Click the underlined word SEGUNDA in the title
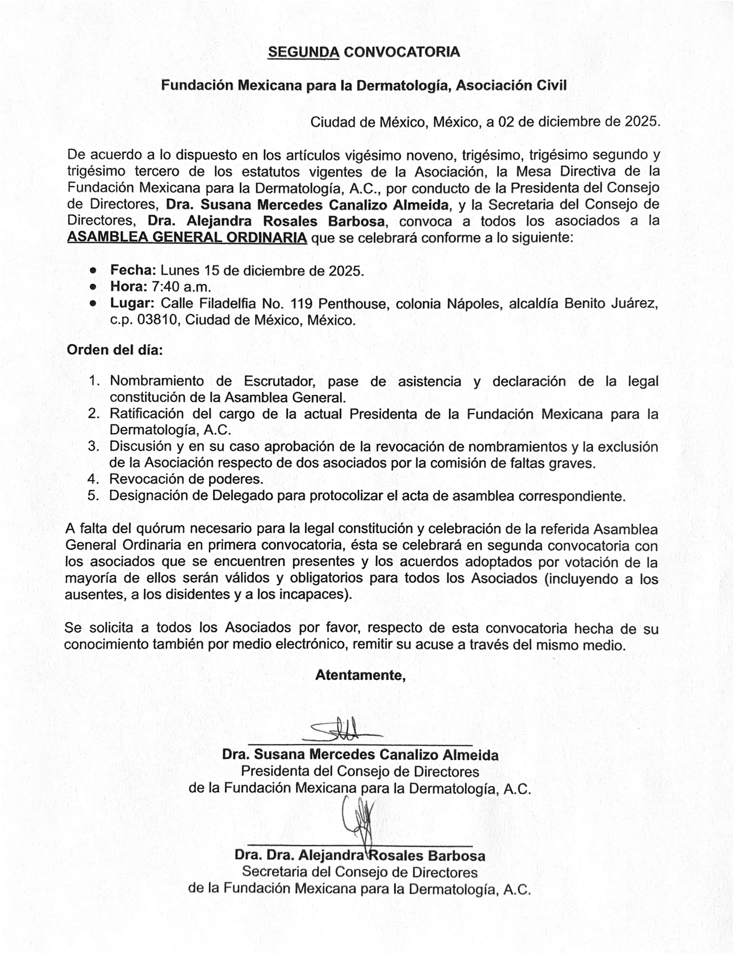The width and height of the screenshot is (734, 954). pyautogui.click(x=304, y=52)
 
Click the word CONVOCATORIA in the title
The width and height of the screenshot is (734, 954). pyautogui.click(x=401, y=52)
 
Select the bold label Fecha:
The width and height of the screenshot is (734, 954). pyautogui.click(x=133, y=270)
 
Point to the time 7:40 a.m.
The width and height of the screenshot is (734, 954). pyautogui.click(x=181, y=287)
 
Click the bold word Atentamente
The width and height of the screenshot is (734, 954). pyautogui.click(x=361, y=675)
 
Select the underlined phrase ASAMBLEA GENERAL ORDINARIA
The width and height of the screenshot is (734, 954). pyautogui.click(x=187, y=238)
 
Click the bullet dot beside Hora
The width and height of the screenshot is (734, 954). pyautogui.click(x=93, y=287)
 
